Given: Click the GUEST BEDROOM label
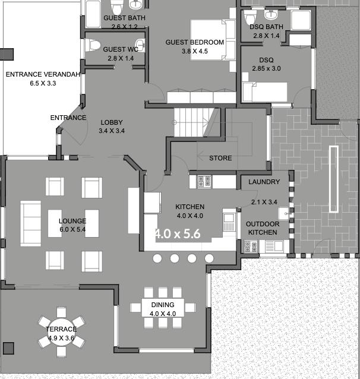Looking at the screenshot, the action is coord(195,42).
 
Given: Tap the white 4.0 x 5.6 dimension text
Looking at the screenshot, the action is coord(178,233).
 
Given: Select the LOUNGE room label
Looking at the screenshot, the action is coord(72,221).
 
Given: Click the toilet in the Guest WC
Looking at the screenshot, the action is coord(93,45).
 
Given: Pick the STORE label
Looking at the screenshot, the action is coord(220,158).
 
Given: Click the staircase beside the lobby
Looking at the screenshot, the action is coord(194,122).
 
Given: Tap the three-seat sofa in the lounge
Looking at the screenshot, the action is coord(31,223).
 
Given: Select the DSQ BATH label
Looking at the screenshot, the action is coord(266,27).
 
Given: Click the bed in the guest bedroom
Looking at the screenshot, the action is coord(213,40).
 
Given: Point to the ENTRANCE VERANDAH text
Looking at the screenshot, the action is coord(43,74).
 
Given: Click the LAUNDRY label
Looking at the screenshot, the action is coord(264,182).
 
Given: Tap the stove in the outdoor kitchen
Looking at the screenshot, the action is coord(250,247).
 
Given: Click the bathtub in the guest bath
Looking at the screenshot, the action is coord(93,14).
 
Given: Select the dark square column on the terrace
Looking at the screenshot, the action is coord(8,348).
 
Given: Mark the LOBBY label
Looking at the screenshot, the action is coord(112,122).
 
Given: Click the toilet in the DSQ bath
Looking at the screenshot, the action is coord(250,17).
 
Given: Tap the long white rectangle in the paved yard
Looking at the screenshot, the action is coord(334,179).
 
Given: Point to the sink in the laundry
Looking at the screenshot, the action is coord(283,213).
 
